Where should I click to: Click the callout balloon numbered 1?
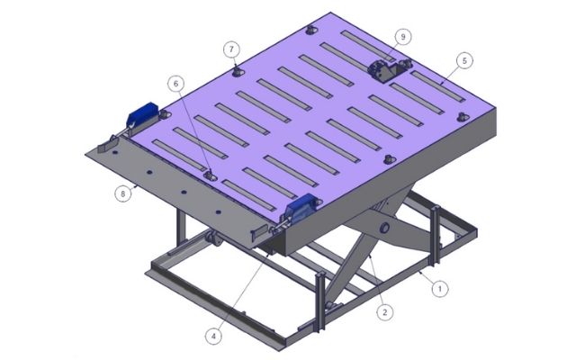[440, 289]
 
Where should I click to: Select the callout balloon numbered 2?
[384, 312]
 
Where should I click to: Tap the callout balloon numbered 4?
[213, 336]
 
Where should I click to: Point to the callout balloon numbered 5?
[464, 60]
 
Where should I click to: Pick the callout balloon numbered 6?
[175, 84]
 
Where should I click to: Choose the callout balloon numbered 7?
[231, 49]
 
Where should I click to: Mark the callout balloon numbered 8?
[123, 193]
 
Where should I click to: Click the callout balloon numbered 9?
[403, 37]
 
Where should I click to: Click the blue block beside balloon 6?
[142, 113]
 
